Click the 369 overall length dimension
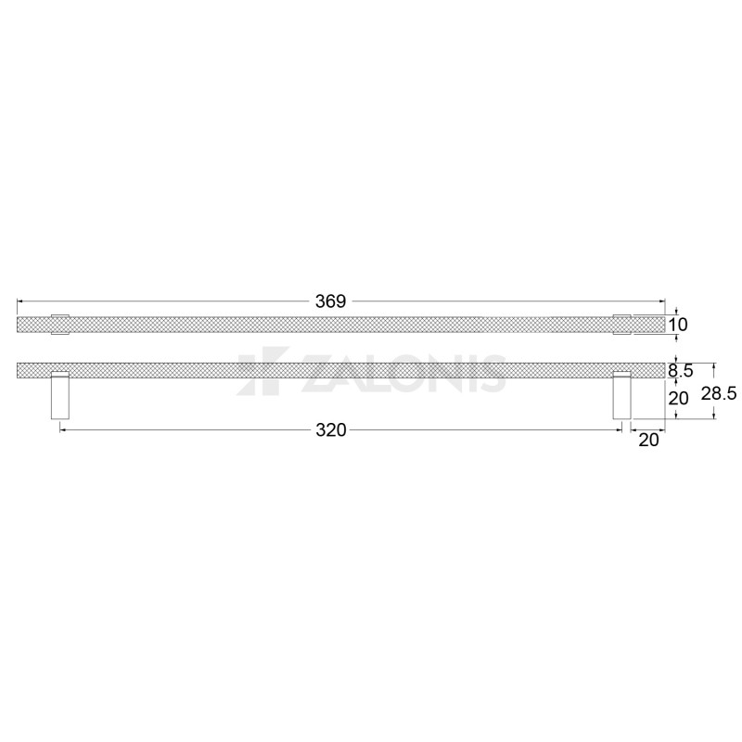coord(331,301)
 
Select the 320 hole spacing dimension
coord(331,430)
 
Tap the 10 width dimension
coord(678,325)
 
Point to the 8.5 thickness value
coord(681,370)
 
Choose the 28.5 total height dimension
coord(718,393)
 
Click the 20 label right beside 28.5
coord(678,399)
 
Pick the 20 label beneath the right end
coord(648,440)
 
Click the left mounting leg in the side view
coord(60,396)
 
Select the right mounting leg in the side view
coord(621,396)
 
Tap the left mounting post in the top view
coord(60,325)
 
